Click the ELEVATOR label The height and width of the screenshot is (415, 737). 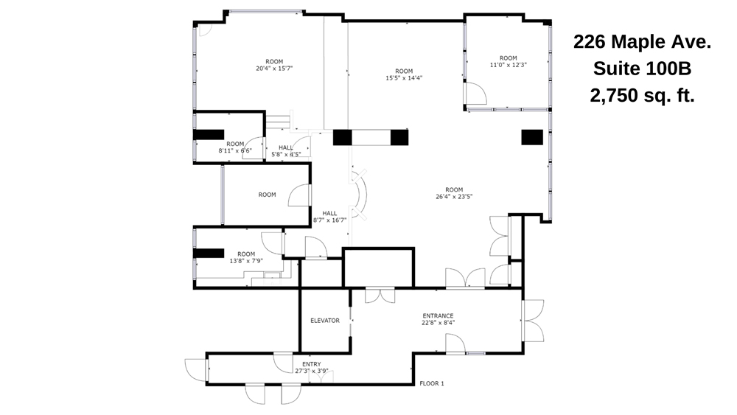(x=325, y=321)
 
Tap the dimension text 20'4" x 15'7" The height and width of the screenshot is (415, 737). (x=275, y=69)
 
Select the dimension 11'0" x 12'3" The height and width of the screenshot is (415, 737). (x=509, y=65)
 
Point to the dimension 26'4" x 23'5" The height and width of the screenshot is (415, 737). (x=454, y=196)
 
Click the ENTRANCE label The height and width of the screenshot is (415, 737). (x=438, y=315)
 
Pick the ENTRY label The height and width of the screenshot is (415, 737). (x=312, y=364)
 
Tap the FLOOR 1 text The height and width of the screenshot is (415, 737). (x=432, y=383)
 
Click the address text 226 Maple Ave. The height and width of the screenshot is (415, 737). (x=642, y=43)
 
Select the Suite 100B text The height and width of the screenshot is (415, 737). (x=642, y=69)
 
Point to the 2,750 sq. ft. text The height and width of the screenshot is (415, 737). (x=642, y=96)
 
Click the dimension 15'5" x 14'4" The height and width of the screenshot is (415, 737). (x=404, y=78)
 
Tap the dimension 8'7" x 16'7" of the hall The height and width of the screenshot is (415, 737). (x=329, y=220)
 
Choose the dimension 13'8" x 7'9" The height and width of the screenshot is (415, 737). (x=246, y=260)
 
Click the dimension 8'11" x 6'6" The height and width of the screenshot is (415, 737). (x=235, y=150)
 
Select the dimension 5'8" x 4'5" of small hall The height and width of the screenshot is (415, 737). (x=286, y=154)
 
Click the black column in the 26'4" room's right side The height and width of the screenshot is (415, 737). (x=532, y=137)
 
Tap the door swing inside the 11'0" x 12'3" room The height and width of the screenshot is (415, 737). (x=475, y=93)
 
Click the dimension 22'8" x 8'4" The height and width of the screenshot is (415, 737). (x=438, y=322)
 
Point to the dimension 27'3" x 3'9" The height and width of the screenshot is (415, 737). (x=312, y=371)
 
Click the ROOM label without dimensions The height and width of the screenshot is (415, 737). (x=267, y=195)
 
